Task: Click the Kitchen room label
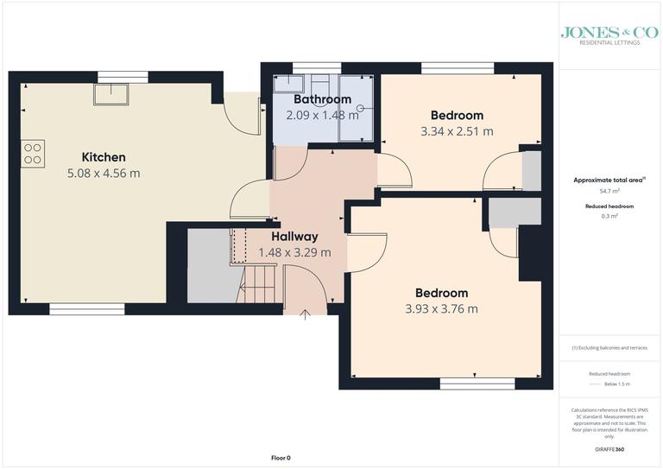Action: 104,157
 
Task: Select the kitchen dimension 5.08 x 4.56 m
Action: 104,174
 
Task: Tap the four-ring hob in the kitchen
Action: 33,154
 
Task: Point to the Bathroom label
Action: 299,99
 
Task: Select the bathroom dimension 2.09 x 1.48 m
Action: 299,116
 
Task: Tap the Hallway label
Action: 294,236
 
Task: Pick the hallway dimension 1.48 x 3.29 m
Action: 300,252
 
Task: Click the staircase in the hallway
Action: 258,284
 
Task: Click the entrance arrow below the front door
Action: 304,314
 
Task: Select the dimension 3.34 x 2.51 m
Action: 457,132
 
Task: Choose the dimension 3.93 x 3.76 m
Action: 441,309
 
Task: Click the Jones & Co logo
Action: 609,35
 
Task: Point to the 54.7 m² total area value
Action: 609,190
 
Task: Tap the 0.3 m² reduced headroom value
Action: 609,216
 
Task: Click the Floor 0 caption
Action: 281,458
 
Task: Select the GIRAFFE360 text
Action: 609,451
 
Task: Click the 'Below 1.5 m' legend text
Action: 616,383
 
